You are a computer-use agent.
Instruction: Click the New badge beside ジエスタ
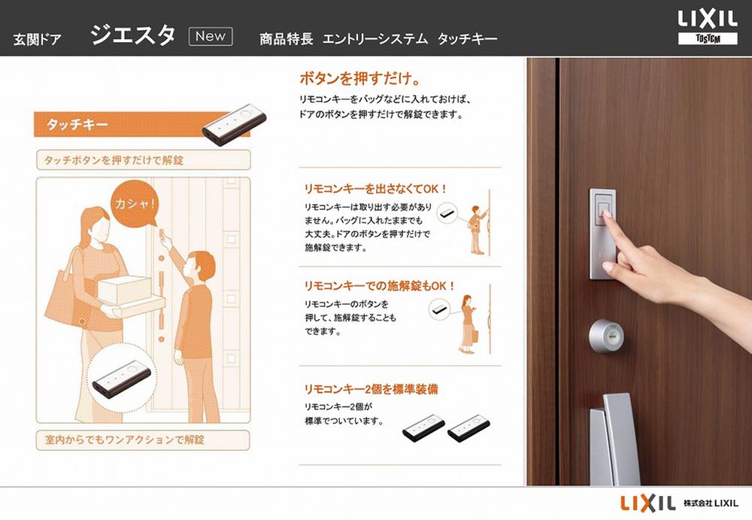[210, 36]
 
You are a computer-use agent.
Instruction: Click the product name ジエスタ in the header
[133, 35]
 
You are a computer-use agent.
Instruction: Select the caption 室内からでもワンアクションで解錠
[125, 438]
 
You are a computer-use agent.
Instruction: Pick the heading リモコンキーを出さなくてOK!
[375, 189]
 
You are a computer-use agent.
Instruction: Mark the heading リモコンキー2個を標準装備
[371, 389]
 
